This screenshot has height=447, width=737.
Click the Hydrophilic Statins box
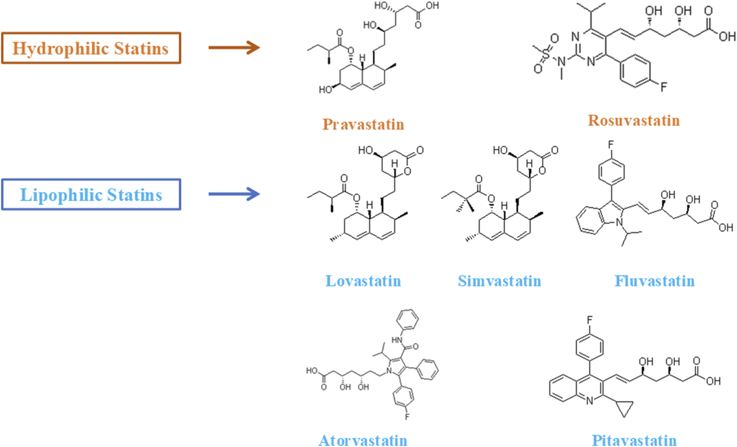coord(91,48)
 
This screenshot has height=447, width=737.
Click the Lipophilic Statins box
coord(91,195)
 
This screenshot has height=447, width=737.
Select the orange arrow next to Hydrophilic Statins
coord(234,47)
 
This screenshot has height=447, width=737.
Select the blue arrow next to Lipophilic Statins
coord(234,193)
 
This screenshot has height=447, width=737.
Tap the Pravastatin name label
coord(363,124)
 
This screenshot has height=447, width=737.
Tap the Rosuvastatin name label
coord(634,120)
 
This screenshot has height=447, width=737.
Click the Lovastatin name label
coord(363,281)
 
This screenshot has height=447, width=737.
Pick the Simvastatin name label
coord(499,281)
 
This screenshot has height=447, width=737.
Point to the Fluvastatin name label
coord(654,281)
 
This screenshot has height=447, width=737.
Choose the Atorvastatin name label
coord(363,440)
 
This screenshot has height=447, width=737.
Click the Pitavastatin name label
coord(634,440)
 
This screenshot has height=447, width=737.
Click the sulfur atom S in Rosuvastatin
coord(546,55)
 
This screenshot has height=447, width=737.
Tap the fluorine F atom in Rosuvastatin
coord(664,87)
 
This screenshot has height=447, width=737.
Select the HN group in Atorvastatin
coord(397,340)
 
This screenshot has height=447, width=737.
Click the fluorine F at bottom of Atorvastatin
coord(407,417)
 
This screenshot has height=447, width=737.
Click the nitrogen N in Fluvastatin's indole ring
coord(619,222)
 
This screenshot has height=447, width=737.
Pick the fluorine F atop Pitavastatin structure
coord(590,320)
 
